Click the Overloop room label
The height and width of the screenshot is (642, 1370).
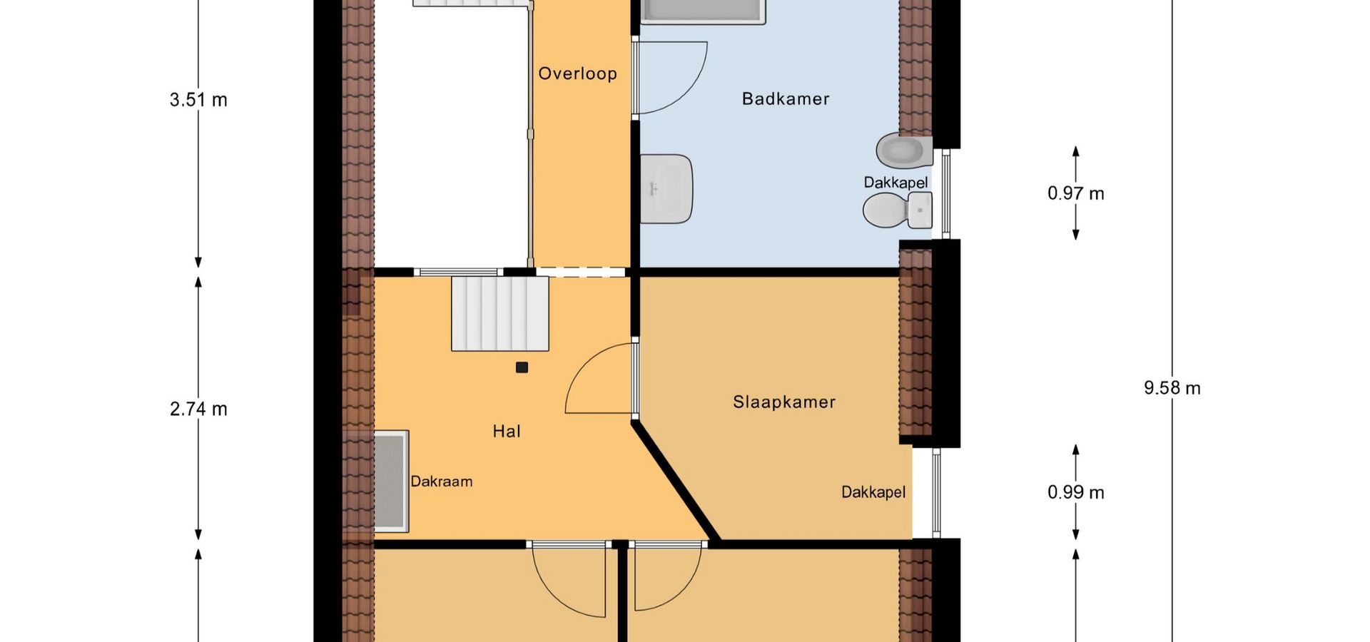(x=577, y=73)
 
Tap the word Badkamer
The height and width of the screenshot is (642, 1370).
(x=786, y=98)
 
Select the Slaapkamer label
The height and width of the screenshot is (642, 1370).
(x=784, y=402)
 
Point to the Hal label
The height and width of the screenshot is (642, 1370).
(x=507, y=431)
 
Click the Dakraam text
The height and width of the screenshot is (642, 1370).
(x=442, y=481)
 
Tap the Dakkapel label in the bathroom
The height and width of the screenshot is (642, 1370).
(x=895, y=183)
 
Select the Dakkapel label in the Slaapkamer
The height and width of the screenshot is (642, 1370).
(x=873, y=492)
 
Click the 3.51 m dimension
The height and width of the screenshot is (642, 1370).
(x=198, y=100)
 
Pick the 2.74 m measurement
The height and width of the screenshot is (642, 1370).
(x=198, y=409)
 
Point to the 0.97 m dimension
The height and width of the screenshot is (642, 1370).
(x=1076, y=193)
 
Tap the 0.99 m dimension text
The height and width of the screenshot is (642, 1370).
(x=1076, y=492)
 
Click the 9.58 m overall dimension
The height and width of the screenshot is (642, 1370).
(x=1172, y=388)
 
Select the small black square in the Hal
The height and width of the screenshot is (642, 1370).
(x=522, y=367)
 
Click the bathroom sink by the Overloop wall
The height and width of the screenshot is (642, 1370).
(x=666, y=188)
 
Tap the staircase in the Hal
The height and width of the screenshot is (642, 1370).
(x=500, y=313)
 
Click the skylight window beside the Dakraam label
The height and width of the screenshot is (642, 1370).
(x=391, y=481)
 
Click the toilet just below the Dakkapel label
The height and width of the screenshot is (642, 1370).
(x=885, y=210)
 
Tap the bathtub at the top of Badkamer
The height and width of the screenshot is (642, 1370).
(x=703, y=11)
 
